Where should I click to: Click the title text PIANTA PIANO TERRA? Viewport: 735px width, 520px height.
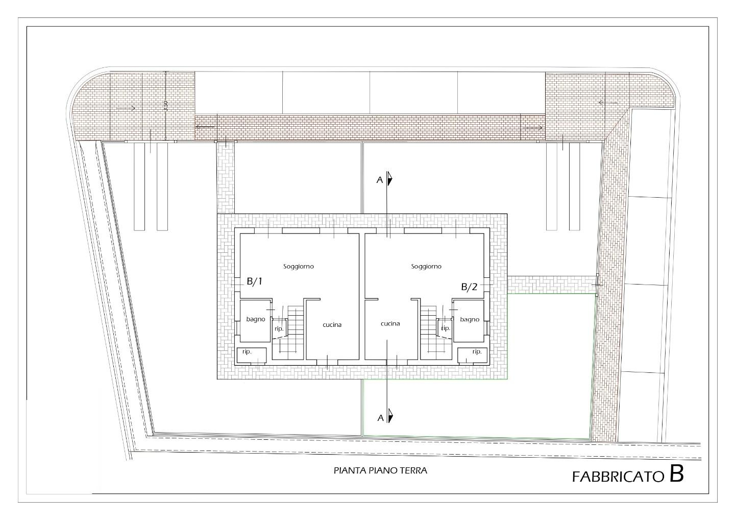pos(380,471)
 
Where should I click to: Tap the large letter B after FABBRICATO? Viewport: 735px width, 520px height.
pos(676,474)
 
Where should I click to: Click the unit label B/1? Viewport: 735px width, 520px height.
pos(255,281)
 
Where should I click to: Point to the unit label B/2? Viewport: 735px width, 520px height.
pos(469,287)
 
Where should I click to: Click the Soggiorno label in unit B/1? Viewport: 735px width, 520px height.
pos(299,267)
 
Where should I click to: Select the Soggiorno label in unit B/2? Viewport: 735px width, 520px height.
pos(426,267)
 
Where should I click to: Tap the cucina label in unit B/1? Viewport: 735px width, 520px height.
pos(332,325)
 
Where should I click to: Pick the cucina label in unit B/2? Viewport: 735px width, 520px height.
pos(390,324)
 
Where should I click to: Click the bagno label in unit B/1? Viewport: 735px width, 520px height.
pos(256,319)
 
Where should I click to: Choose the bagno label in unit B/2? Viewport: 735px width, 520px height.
pos(470,319)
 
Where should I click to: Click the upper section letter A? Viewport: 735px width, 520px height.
pos(380,180)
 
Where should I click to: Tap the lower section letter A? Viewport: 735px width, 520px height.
pos(380,418)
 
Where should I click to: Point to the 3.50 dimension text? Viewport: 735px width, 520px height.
pos(166,106)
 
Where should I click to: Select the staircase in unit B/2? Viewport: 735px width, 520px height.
pos(432,332)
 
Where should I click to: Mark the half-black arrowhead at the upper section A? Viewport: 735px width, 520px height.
pos(390,179)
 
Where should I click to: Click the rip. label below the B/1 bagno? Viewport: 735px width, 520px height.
pos(247,352)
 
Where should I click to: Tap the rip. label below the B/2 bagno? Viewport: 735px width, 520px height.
pos(477,352)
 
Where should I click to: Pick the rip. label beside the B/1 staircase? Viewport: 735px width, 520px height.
pos(279,328)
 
